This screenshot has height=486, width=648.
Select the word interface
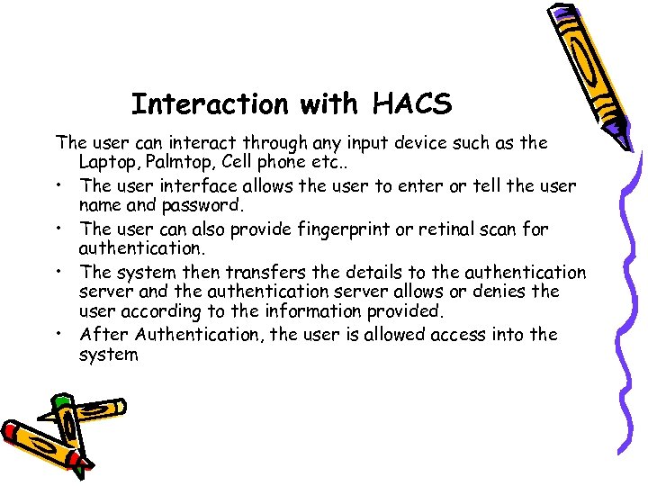point(202,185)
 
